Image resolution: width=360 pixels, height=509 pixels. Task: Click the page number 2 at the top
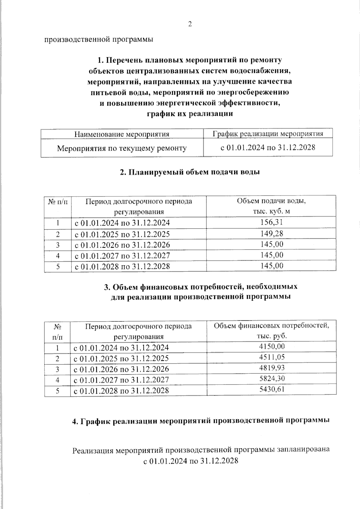(x=190, y=24)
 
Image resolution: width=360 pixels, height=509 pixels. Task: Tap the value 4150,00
(x=272, y=346)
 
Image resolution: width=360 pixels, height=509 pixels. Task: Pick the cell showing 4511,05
(x=272, y=357)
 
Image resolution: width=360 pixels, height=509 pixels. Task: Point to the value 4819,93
(x=272, y=368)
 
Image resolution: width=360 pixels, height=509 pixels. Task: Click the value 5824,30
(x=272, y=379)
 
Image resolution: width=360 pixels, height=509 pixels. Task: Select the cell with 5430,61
(x=272, y=389)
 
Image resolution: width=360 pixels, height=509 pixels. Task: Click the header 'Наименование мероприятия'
(x=122, y=134)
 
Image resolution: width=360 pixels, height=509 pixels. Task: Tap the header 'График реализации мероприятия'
(x=268, y=133)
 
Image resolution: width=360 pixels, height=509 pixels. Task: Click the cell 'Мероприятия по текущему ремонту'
(x=122, y=148)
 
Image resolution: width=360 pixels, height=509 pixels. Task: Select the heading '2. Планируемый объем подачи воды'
(x=190, y=172)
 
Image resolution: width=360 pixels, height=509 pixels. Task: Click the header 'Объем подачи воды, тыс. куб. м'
(x=271, y=206)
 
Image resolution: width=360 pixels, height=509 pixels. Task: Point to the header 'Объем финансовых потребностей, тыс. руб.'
(x=271, y=331)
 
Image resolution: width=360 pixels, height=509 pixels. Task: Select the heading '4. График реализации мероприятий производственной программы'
(x=201, y=421)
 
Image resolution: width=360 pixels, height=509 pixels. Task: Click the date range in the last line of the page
(x=190, y=461)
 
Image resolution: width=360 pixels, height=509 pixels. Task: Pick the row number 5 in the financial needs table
(x=57, y=391)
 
